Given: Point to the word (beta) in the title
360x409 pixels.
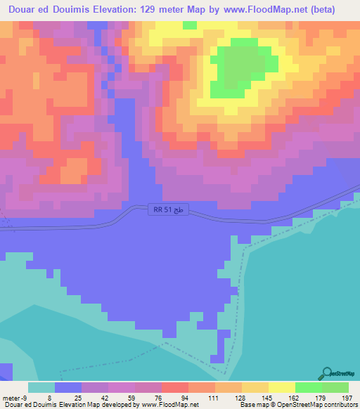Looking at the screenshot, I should coord(321,10).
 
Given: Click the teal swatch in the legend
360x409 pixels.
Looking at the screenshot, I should coord(41,387).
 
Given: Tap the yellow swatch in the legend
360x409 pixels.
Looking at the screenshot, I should coord(281,387).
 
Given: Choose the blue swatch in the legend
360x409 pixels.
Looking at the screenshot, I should coord(68,387).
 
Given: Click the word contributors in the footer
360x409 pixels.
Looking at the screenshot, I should coord(337,405).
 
